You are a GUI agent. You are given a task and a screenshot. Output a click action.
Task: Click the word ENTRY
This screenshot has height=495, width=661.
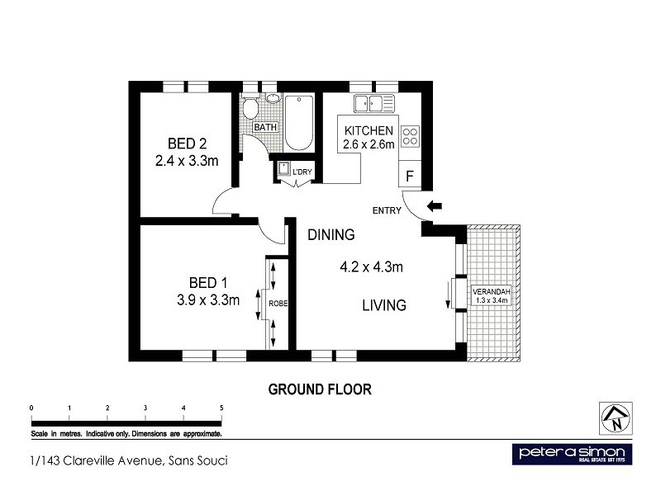coord(387,211)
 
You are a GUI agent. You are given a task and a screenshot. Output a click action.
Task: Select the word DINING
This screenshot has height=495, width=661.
coord(331,235)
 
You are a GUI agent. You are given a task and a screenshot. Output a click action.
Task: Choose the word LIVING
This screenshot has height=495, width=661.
coord(384,305)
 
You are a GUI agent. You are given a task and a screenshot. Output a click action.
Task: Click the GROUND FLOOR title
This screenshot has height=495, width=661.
coord(320,389)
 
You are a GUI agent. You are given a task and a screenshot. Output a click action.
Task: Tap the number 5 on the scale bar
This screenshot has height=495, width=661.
coord(221,408)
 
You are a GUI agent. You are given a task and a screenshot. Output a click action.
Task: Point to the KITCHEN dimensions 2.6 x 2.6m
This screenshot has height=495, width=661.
coord(369,145)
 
